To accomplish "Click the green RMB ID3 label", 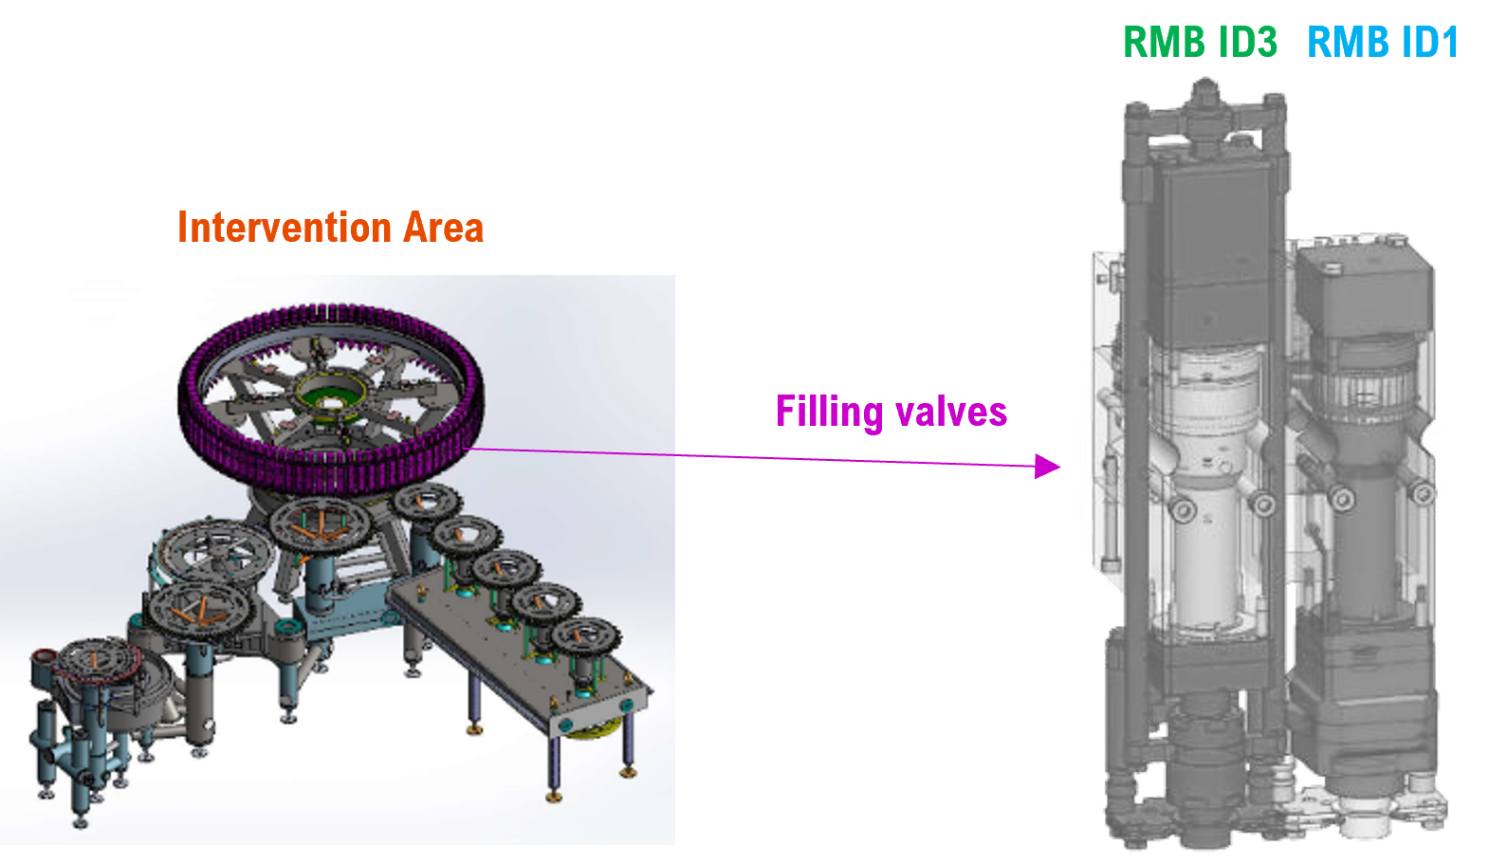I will [1200, 43].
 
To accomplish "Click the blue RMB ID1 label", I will [1382, 43].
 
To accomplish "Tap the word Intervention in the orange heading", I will [284, 228].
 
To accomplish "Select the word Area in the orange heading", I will [443, 228].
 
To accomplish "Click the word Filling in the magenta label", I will [829, 413].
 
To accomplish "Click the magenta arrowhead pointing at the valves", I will [1048, 466].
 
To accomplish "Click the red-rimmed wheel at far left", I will [95, 664].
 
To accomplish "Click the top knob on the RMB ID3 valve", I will [1204, 93].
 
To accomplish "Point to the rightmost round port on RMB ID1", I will [1421, 492].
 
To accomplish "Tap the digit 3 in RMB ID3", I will [1263, 43].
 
